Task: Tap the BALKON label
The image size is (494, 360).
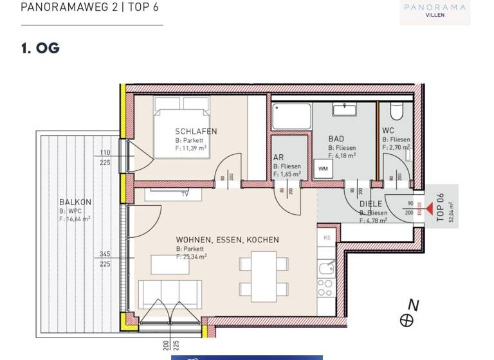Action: [x=75, y=202]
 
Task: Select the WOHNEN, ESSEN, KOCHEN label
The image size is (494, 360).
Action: [x=228, y=240]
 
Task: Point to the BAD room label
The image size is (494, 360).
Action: [x=336, y=139]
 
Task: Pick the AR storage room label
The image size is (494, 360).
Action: [x=279, y=157]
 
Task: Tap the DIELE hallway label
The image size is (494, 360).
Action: [x=371, y=204]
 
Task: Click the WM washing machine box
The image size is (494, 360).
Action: [x=322, y=169]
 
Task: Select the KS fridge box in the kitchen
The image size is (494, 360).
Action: [x=327, y=237]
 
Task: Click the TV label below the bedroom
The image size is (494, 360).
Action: [x=185, y=194]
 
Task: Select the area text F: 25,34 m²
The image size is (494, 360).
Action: [x=191, y=256]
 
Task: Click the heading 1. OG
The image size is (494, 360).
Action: [x=40, y=48]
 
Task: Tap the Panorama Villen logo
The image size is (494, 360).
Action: [x=435, y=11]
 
